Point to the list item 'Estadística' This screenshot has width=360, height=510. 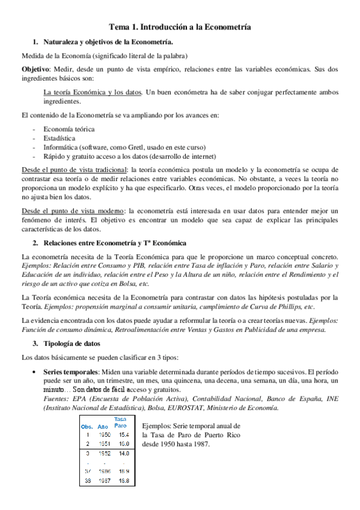(59, 138)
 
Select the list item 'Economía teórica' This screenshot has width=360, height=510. (69, 129)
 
